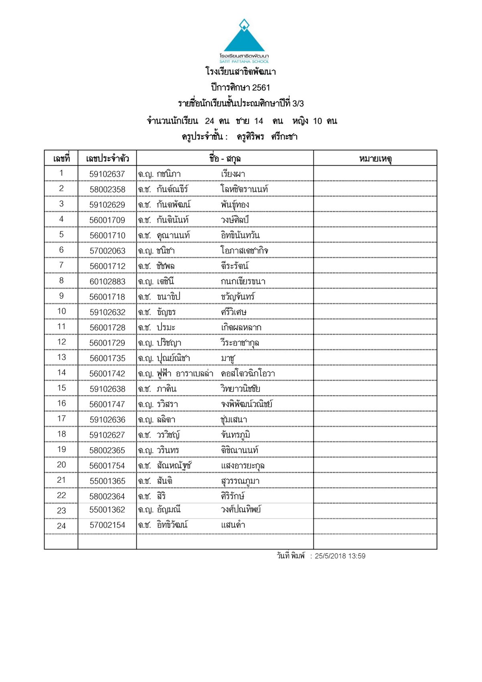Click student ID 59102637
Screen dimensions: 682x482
click(107, 174)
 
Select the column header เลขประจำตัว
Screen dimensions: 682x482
click(107, 158)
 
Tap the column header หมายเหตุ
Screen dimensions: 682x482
click(375, 158)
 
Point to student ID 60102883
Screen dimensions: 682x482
click(107, 282)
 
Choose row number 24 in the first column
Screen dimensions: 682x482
click(61, 526)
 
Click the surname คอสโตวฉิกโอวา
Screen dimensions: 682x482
click(248, 373)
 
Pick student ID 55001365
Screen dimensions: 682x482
click(107, 481)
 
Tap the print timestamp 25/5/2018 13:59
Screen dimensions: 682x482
click(340, 556)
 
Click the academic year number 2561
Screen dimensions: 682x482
click(261, 87)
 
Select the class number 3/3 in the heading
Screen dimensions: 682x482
click(298, 104)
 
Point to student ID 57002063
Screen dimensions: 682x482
click(107, 251)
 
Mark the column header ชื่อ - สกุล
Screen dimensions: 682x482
click(225, 158)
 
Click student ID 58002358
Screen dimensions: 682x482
click(107, 189)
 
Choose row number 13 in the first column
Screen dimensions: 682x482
click(61, 357)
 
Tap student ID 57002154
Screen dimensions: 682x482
click(107, 525)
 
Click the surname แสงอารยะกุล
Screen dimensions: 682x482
click(243, 466)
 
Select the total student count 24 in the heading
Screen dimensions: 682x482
click(209, 121)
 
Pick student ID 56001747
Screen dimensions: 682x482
click(107, 404)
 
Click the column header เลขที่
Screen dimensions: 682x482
click(61, 158)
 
